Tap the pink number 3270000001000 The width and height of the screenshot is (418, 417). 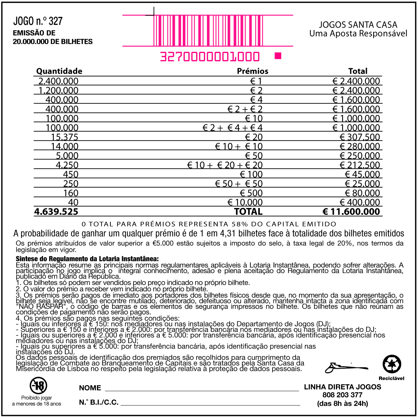[210, 57]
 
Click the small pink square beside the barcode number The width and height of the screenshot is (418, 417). [278, 56]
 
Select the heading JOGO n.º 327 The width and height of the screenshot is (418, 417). [38, 21]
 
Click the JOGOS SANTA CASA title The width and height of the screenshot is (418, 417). [358, 25]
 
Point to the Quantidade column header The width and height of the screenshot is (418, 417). [59, 71]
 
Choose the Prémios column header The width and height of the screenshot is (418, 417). [252, 71]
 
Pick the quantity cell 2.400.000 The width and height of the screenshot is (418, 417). [58, 81]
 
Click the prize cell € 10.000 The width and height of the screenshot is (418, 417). [245, 202]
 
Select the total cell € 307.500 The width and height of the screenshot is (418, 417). [360, 137]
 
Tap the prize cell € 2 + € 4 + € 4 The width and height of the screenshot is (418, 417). [232, 128]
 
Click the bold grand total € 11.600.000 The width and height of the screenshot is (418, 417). [351, 212]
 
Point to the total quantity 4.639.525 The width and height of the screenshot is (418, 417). [56, 212]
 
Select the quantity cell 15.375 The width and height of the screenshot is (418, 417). [64, 137]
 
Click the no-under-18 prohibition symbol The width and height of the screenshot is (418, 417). [38, 385]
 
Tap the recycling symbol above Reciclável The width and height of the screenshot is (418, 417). [392, 364]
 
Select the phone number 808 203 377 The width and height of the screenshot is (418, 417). [342, 395]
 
